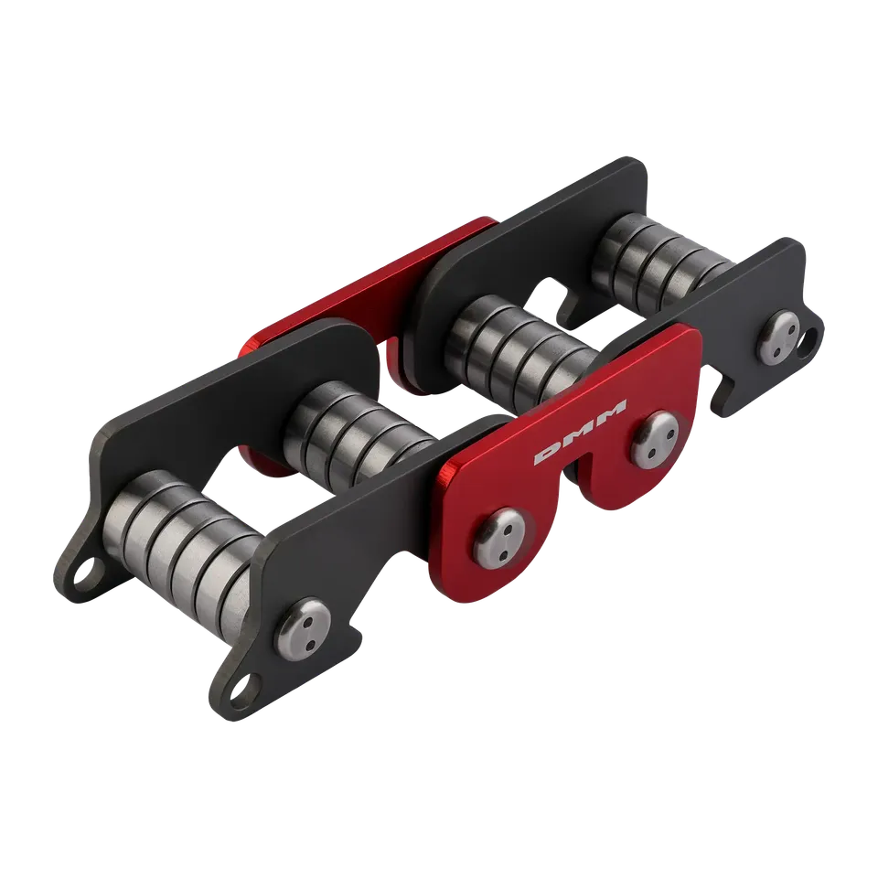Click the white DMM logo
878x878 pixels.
click(580, 432)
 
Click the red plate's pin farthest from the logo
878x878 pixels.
click(500, 537)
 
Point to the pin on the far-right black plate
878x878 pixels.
click(779, 336)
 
